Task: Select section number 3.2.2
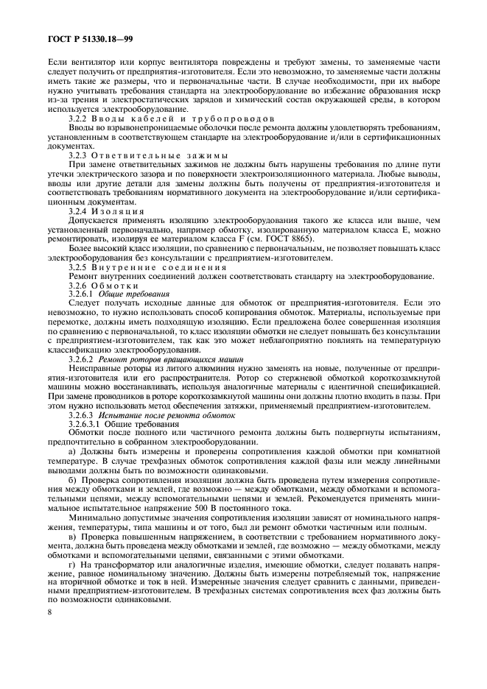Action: pyautogui.click(x=77, y=119)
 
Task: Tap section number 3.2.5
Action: pyautogui.click(x=77, y=266)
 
